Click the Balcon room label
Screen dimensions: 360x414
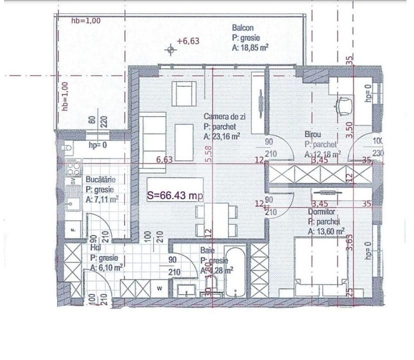click(x=242, y=28)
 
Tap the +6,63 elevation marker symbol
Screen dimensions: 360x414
click(x=171, y=48)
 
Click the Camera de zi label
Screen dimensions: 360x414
click(x=224, y=116)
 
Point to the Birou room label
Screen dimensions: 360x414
click(x=313, y=134)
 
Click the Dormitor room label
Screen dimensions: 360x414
click(x=323, y=211)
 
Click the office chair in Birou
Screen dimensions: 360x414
click(x=345, y=105)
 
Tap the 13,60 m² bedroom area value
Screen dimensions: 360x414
click(x=326, y=230)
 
